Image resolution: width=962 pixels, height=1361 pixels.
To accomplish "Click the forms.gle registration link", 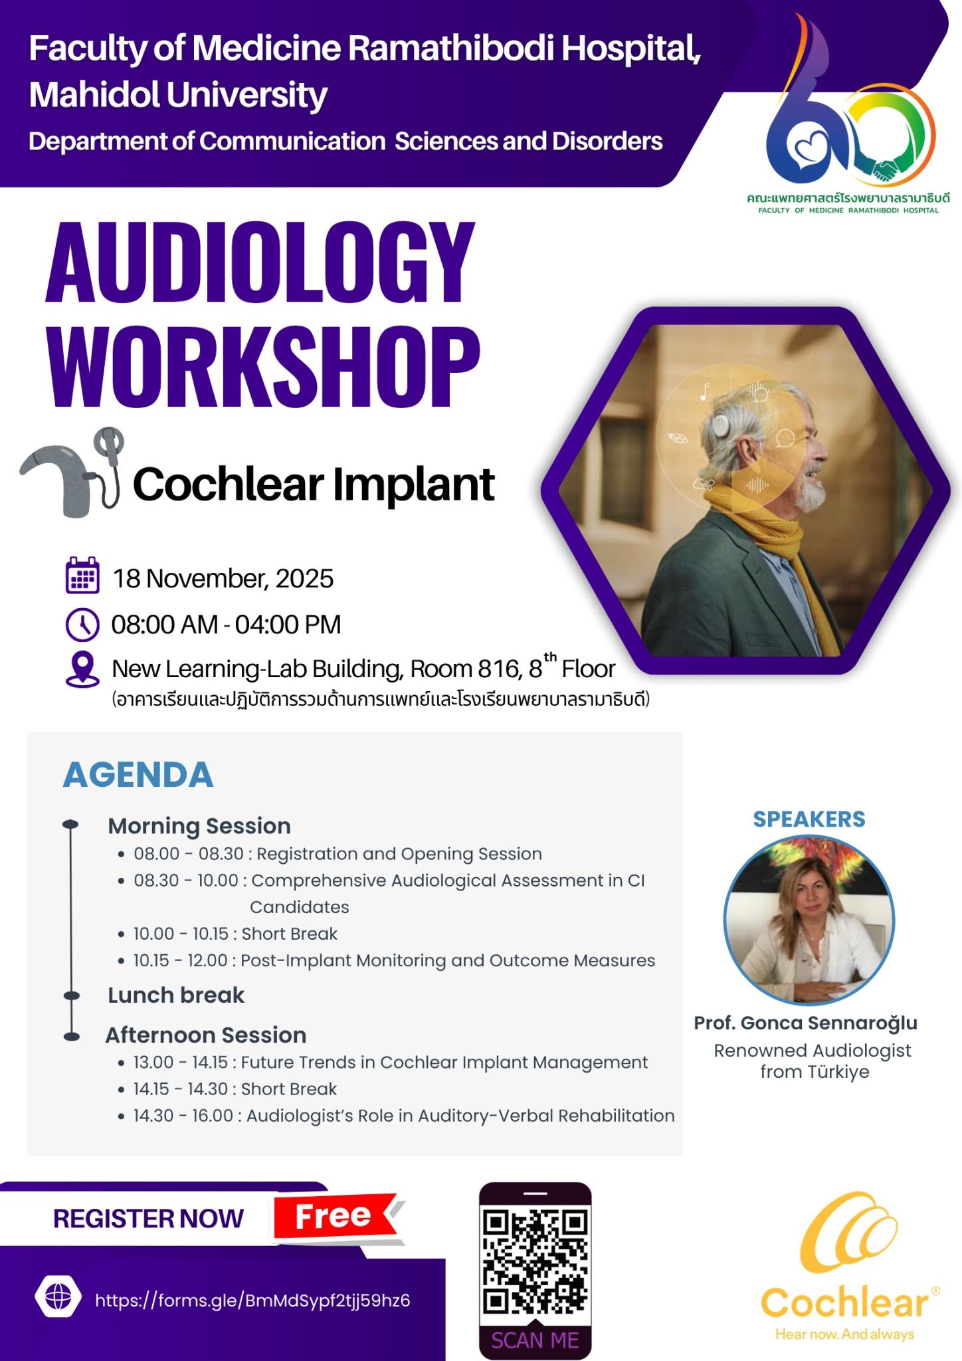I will tap(252, 1300).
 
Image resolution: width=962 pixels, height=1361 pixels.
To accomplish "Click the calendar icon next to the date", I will tap(83, 576).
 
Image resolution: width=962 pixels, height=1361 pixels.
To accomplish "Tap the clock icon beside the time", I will tap(83, 625).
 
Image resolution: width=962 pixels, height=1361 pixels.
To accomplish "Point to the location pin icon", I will tap(83, 669).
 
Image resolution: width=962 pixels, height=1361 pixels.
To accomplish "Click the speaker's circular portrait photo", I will tap(809, 920).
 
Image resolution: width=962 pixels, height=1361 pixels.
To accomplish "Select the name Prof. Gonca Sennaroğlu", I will tap(805, 1023).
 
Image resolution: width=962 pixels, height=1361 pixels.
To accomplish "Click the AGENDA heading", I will tap(138, 775).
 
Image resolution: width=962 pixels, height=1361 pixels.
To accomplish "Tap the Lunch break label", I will tap(176, 995).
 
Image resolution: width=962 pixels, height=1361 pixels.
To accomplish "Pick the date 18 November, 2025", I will tap(223, 579).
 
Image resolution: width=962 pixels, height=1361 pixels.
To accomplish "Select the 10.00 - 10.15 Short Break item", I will tap(235, 934).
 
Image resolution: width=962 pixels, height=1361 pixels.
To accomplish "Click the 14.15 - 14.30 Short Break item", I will tap(235, 1089).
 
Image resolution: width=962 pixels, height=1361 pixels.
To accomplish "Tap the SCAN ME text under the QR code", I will tap(535, 1340).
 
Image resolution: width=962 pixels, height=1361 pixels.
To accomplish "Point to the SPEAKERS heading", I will tap(809, 819).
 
